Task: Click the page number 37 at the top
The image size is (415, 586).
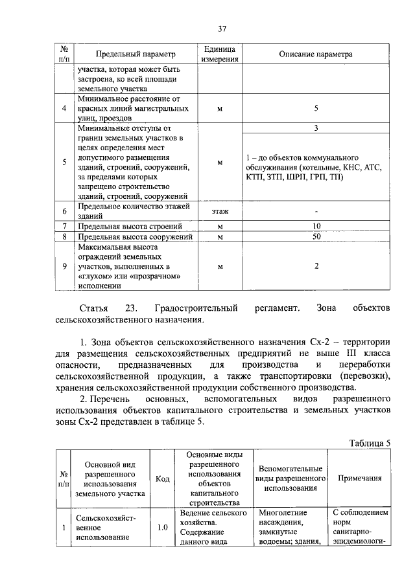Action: point(222,28)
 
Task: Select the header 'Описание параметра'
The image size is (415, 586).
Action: point(316,54)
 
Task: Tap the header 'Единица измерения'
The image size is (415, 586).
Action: point(219,54)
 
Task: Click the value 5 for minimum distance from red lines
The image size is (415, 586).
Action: point(316,108)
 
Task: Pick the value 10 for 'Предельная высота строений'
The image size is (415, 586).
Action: point(316,226)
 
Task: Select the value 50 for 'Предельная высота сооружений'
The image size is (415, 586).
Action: point(316,237)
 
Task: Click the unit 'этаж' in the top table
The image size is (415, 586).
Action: point(219,211)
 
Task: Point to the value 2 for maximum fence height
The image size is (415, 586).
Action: point(316,266)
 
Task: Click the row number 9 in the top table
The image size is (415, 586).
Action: point(64,266)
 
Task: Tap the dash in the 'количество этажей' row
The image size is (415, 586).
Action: point(316,211)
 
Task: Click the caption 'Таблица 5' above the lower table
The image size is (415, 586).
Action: point(370,443)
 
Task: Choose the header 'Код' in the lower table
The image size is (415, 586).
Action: point(163,479)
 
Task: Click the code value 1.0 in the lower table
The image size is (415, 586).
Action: point(163,527)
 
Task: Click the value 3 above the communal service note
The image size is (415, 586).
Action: point(316,128)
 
